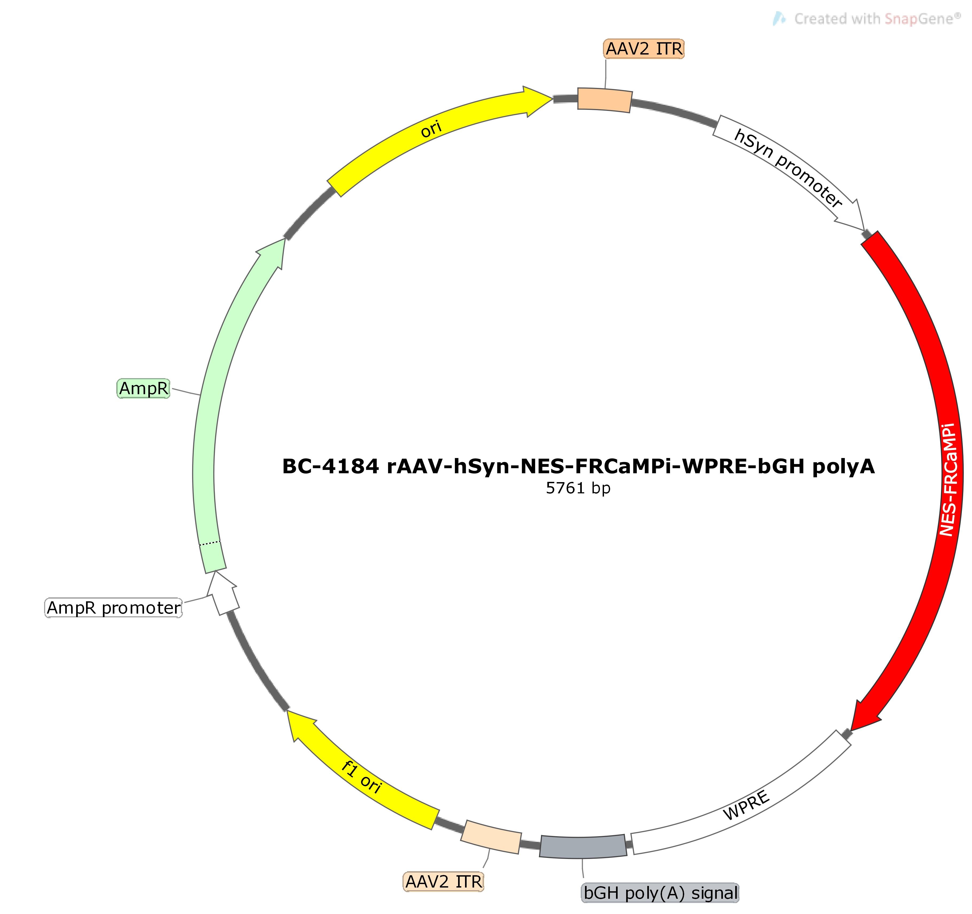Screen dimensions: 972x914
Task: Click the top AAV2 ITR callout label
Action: click(644, 49)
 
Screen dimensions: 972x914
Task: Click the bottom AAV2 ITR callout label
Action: click(443, 882)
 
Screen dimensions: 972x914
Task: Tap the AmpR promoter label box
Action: click(113, 608)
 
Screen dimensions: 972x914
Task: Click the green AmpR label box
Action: click(143, 388)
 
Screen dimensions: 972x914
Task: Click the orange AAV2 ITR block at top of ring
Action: click(605, 100)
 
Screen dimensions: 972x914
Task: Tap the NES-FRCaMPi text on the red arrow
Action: click(948, 479)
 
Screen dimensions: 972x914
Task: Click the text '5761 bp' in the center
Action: click(578, 488)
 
